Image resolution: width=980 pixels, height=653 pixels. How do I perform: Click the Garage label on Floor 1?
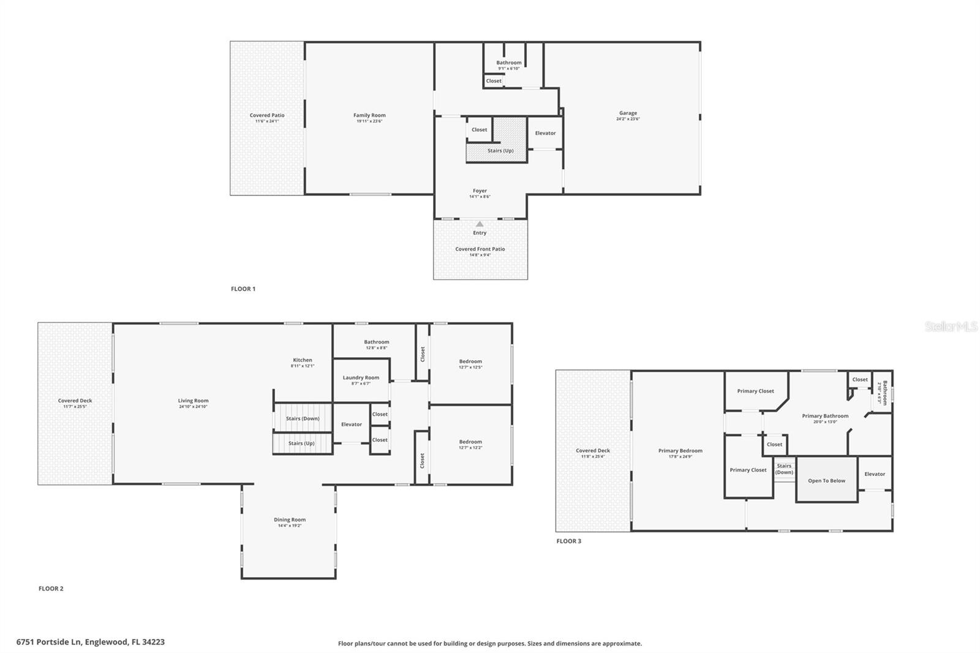click(628, 113)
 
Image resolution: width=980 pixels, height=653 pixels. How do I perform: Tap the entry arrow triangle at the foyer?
click(480, 224)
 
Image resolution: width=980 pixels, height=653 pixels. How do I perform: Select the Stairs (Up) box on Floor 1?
click(500, 151)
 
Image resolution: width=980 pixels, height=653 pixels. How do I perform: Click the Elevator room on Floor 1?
click(545, 133)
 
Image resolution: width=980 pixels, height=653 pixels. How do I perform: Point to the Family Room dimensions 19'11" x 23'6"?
click(369, 121)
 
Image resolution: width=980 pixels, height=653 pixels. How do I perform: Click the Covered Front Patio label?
click(480, 249)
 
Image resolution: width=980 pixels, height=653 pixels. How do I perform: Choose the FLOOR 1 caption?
click(243, 289)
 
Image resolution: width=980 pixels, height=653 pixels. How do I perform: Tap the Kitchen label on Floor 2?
click(303, 360)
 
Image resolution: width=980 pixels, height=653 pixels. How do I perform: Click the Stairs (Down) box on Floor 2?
click(303, 418)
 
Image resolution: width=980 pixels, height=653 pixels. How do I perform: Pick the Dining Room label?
click(290, 520)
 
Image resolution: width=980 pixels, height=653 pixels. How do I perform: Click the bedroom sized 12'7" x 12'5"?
click(470, 364)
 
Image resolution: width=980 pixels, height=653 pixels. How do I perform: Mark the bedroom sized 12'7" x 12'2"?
click(470, 444)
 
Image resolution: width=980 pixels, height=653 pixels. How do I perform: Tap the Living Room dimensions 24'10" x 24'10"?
click(194, 407)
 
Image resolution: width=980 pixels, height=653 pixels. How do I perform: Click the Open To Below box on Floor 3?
click(826, 480)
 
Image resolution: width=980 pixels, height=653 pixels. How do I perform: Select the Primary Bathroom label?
click(825, 416)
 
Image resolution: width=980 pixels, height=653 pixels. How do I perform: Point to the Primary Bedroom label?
click(680, 451)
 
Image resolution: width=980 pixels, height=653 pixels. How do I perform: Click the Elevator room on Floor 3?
click(875, 474)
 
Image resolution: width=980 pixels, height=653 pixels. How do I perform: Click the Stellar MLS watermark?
click(951, 327)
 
